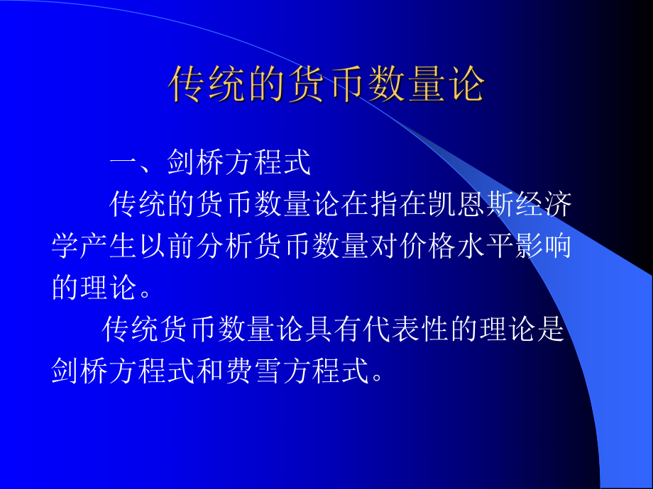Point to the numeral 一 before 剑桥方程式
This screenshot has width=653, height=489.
tap(124, 164)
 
